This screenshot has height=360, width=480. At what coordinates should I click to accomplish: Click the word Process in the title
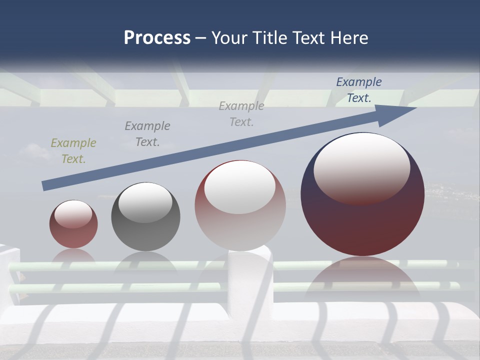157,38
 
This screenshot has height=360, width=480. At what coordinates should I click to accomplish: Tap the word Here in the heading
348,38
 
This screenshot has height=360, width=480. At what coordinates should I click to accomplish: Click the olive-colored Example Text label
73,151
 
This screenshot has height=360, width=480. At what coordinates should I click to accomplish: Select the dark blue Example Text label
359,90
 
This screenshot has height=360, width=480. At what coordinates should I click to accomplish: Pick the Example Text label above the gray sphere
147,134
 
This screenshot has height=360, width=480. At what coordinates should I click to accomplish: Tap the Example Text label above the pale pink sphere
241,114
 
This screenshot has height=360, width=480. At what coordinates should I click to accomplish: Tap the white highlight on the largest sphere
362,167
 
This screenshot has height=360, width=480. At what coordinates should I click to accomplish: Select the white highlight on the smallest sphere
73,214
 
